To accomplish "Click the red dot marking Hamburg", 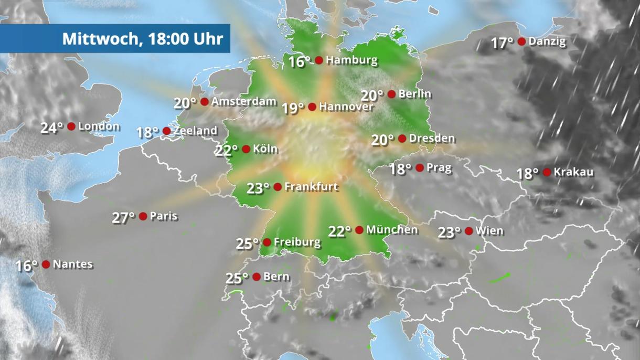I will pos(318,60).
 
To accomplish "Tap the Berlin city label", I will pos(414,94).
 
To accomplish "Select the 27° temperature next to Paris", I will pos(123,217).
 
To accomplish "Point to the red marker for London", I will pos(71,126).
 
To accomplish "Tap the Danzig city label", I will pos(547,41).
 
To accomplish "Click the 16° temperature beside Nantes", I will pos(26,266).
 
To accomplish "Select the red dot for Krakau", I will pos(547,172).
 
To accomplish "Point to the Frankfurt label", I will pos(311,187).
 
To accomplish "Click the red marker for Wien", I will pos(469,231).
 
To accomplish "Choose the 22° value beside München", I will pos(339,231).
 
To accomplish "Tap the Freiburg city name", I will pos(297,242).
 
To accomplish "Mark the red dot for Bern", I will pos(257,277).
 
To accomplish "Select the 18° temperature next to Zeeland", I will pos(147,132).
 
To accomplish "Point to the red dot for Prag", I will pos(420,168).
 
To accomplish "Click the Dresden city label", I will pos(432,139).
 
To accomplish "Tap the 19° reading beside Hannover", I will pos(293,108).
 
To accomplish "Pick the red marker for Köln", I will pos(246,149).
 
